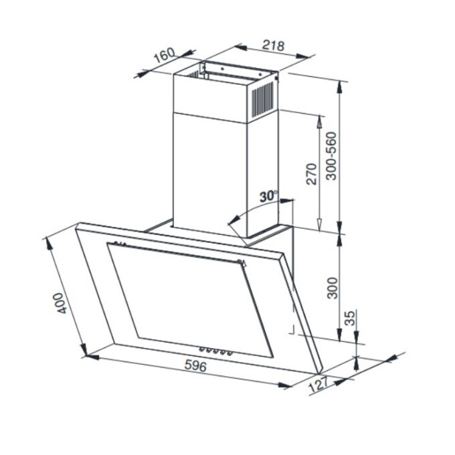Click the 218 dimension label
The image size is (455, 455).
coord(274,46)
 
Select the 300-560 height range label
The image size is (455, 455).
coord(331,156)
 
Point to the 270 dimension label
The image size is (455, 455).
coord(311,174)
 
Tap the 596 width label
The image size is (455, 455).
coord(195,365)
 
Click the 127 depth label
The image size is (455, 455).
coord(318,385)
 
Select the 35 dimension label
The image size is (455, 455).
coord(351,318)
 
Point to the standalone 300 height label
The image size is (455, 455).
coord(333,288)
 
